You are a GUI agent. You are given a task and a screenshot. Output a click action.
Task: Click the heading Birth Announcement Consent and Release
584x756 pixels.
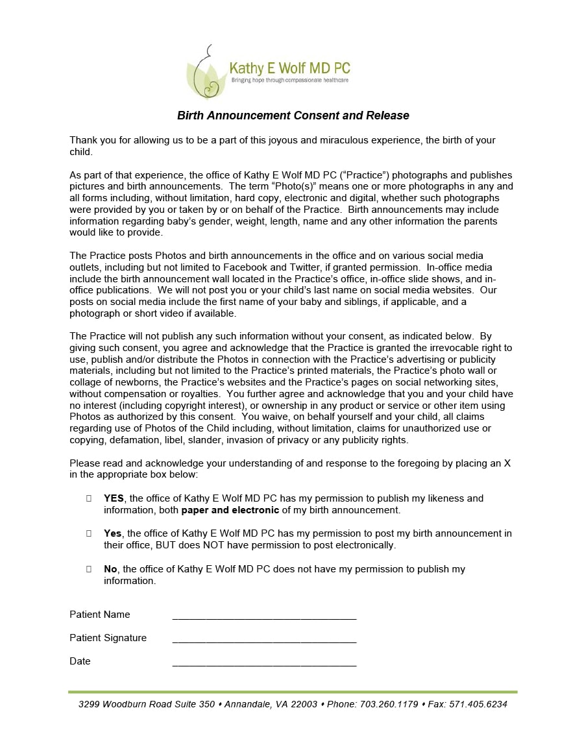293,116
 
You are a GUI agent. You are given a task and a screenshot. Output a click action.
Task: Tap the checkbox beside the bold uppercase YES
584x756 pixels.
89,498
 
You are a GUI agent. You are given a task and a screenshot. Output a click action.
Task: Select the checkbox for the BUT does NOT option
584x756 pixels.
89,533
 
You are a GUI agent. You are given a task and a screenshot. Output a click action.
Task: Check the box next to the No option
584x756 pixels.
89,569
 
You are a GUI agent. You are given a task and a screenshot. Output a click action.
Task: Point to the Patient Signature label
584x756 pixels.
108,638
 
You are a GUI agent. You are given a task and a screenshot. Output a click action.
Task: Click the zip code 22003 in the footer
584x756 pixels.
304,704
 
